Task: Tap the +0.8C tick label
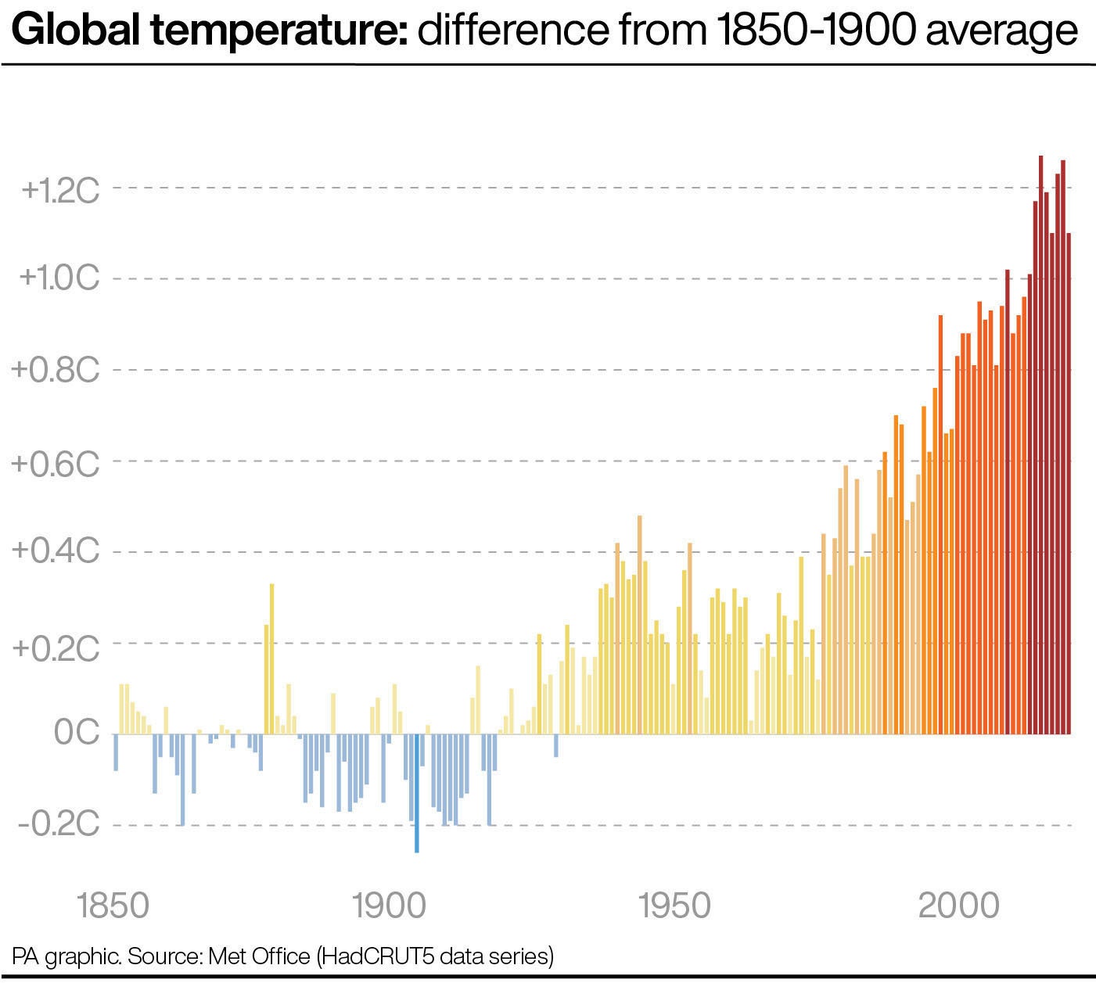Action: [56, 370]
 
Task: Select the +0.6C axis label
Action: [56, 463]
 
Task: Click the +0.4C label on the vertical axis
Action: [56, 551]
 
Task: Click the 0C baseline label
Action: [77, 733]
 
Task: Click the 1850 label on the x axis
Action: [113, 906]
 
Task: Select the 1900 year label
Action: [389, 906]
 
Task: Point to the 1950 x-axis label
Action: [674, 906]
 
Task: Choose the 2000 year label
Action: [958, 906]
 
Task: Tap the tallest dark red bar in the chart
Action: [1040, 446]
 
